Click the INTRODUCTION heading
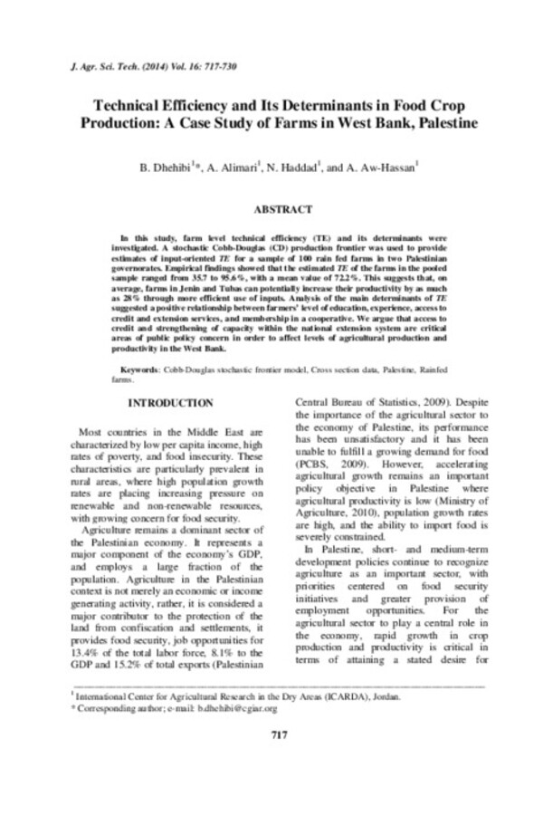pos(171,401)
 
